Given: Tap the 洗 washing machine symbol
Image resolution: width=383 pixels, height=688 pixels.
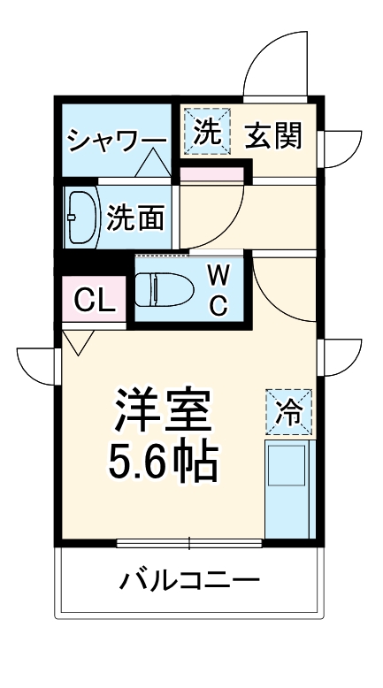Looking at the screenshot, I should [206, 132].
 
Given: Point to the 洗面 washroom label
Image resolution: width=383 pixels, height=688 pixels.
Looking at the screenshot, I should [135, 218].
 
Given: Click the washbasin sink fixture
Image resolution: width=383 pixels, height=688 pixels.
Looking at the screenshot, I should [82, 217].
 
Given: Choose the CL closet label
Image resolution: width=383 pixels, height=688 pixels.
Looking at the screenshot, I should [94, 302].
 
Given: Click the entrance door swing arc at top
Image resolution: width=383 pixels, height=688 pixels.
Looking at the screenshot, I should [281, 64].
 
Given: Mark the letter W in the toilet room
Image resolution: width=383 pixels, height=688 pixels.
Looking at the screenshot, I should [218, 275].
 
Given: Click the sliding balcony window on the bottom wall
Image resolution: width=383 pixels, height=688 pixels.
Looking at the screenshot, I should [189, 542].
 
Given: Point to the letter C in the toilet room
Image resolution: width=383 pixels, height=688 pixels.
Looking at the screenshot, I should [218, 305].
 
